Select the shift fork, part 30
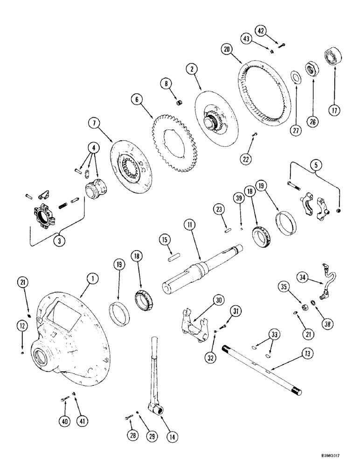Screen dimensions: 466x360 (193, 323)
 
